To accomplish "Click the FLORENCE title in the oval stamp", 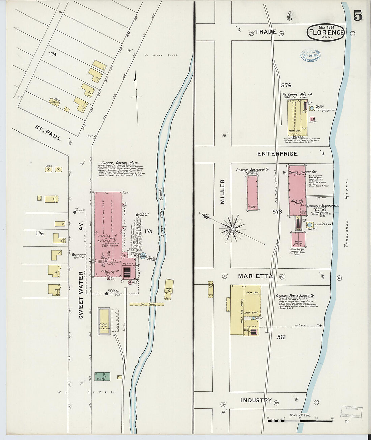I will (325, 32).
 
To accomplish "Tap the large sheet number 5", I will (358, 16).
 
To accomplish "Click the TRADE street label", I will (265, 32).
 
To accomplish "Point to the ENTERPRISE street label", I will (277, 154).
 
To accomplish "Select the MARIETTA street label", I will (255, 276).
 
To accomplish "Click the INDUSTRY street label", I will (256, 400).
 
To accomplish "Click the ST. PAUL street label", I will (48, 133).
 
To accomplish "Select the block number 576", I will (286, 85).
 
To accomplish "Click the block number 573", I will (277, 212).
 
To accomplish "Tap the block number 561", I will (281, 337).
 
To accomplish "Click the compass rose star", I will (232, 228).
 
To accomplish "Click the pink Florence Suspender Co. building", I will (252, 193).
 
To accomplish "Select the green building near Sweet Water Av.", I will (102, 376).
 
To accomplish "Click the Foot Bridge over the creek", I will (146, 304).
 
